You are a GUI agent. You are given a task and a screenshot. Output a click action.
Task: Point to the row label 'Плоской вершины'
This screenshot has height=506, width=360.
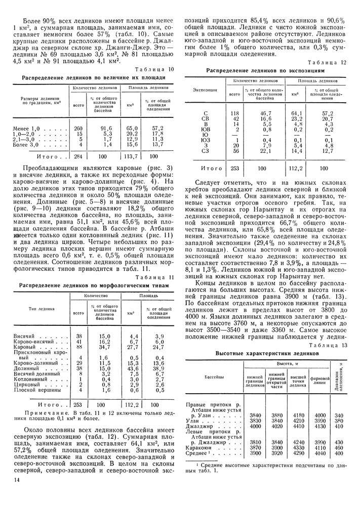coord(38,390)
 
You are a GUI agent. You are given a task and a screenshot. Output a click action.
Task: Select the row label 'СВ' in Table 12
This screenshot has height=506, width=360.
coord(205,118)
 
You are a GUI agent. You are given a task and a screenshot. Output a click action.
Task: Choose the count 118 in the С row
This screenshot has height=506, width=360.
coord(234,113)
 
